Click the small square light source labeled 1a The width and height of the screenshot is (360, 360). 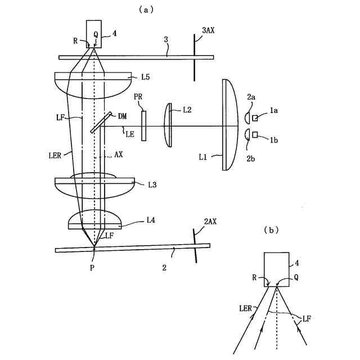(255, 118)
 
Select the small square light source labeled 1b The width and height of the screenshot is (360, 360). (255, 134)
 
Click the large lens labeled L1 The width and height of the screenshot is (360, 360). (229, 125)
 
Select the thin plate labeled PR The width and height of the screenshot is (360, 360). (144, 125)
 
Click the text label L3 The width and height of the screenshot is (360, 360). (152, 184)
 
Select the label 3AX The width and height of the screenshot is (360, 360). (208, 29)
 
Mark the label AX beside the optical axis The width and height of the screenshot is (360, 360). (118, 154)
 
